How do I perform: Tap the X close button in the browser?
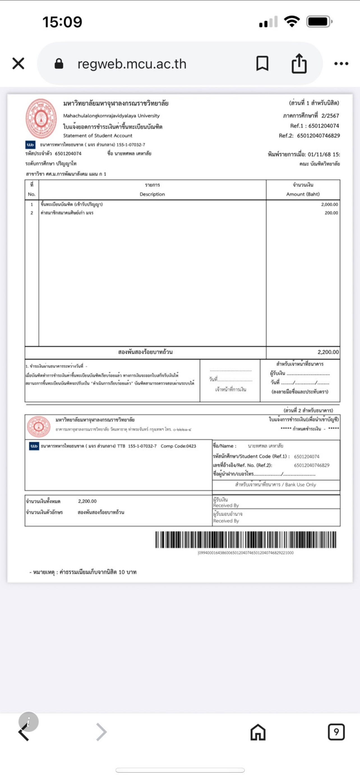coord(18,63)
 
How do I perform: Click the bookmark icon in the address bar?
coord(262,63)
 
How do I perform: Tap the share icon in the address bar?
coord(299,63)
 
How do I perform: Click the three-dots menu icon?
coord(341,63)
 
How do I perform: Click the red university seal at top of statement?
coord(41,119)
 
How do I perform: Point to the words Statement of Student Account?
coord(98,135)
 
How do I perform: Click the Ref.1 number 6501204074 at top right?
coord(324,126)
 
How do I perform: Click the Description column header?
coord(152,194)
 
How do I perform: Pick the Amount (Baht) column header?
coord(303,194)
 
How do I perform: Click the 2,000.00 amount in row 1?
coord(329,204)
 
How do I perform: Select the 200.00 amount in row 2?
coord(331,213)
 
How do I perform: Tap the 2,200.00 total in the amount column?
coord(328,352)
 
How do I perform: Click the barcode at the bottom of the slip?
coord(245,540)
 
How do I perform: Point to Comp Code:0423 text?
coord(178,446)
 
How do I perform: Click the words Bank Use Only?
coord(301,485)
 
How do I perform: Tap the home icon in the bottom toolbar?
coord(258,732)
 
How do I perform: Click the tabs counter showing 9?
coord(336,732)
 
